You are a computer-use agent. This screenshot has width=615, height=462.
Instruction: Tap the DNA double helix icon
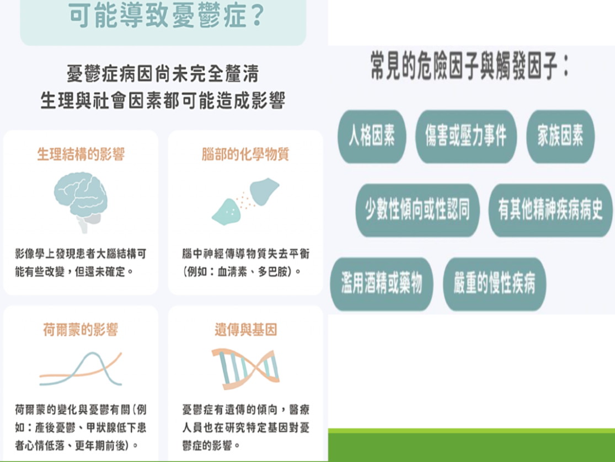[x=246, y=368]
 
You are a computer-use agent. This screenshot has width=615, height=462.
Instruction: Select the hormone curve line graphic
[x=81, y=369]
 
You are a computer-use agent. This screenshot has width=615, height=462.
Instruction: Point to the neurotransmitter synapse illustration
[x=245, y=201]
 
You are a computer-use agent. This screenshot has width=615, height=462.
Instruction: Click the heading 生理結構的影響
[x=81, y=154]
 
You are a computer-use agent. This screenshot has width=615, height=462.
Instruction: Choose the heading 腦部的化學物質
[x=245, y=154]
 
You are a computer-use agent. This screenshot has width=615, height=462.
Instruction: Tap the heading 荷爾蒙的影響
[x=81, y=330]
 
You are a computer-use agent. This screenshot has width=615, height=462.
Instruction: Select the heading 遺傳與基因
[x=246, y=330]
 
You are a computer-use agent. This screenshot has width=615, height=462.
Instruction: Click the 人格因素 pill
[x=372, y=136]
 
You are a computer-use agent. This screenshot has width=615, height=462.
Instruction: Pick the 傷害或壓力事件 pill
[x=466, y=136]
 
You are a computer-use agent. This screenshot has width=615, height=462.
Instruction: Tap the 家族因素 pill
[x=560, y=136]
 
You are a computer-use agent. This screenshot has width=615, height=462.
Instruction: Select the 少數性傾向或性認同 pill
[x=418, y=210]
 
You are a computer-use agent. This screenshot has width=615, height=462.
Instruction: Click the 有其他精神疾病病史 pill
[x=550, y=210]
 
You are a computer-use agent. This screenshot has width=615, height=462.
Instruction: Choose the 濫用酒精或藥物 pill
[x=382, y=284]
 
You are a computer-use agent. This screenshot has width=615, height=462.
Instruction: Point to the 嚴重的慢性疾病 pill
[x=494, y=284]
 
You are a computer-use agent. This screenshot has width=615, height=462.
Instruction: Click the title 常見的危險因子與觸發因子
[x=469, y=66]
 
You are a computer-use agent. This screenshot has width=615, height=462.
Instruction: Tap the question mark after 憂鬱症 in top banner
[x=258, y=15]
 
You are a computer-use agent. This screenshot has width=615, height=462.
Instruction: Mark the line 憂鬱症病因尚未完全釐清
[x=163, y=73]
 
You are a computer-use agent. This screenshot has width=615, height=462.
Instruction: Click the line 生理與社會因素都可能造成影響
[x=163, y=100]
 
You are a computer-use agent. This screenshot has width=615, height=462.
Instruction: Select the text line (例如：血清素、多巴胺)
[x=242, y=271]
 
